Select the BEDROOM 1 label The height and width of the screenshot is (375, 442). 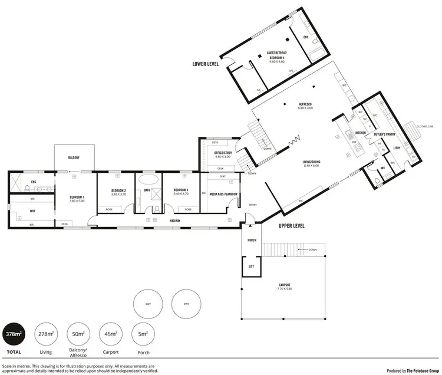pyautogui.click(x=77, y=197)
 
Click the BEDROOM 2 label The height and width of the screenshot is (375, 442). pyautogui.click(x=119, y=190)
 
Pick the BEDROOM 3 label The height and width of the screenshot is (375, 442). pyautogui.click(x=180, y=190)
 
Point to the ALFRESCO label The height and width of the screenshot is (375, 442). pyautogui.click(x=305, y=104)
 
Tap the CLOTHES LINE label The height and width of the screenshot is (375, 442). pyautogui.click(x=424, y=126)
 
